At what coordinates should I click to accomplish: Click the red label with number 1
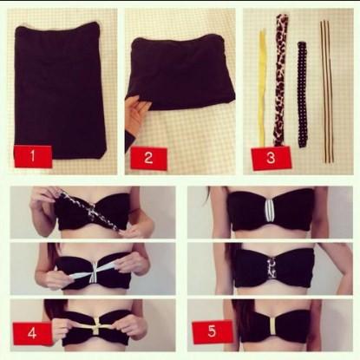33,156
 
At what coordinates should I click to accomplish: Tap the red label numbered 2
148,158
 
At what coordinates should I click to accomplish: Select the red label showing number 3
271,158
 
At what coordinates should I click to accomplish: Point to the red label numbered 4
32,333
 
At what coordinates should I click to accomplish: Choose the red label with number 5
213,331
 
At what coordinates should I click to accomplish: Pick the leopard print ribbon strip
280,80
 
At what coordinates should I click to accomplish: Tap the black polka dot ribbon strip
302,95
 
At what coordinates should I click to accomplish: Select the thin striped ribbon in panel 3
327,90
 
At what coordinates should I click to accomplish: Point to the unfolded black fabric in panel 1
60,90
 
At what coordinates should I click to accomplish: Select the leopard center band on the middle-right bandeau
272,268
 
